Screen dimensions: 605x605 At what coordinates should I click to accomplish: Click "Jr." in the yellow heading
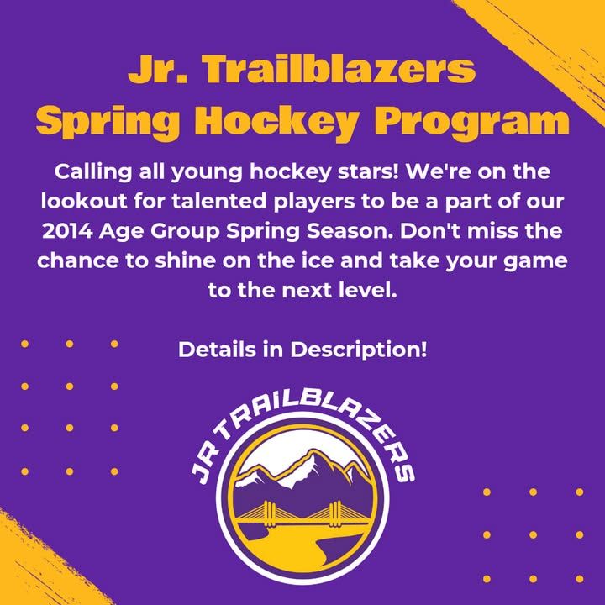157,70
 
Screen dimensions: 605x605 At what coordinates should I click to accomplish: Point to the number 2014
67,231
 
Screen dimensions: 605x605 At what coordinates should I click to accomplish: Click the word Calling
93,172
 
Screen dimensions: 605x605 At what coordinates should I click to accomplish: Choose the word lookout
84,201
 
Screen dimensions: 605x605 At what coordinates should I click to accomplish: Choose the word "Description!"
359,350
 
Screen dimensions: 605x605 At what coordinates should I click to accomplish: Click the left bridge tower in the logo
269,514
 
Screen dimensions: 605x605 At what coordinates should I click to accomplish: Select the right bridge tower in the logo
335,514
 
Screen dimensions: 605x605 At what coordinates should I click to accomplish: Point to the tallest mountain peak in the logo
311,452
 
